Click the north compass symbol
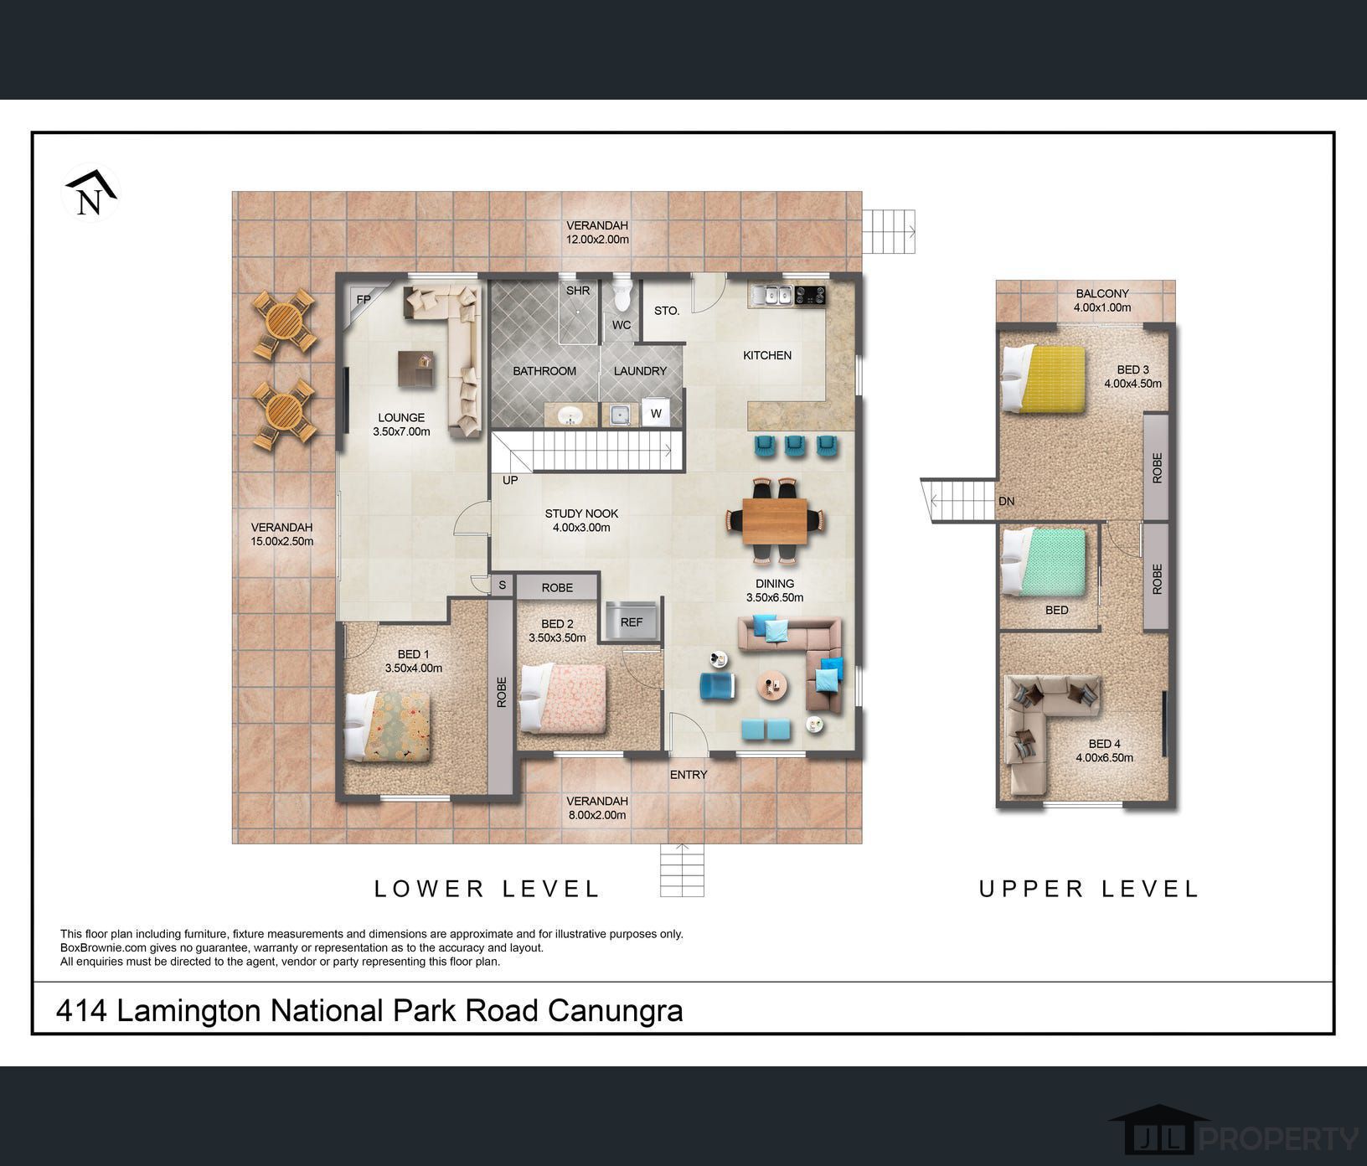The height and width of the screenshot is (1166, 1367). point(90,193)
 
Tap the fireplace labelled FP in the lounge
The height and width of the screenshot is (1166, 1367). point(359,297)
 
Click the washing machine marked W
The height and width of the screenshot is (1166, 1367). point(656,413)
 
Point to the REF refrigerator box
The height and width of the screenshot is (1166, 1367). point(632,622)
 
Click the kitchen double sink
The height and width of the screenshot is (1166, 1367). point(771,295)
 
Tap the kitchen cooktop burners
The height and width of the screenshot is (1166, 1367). point(810,295)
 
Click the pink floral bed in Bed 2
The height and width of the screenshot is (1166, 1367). point(563,698)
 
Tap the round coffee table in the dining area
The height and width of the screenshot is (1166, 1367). point(772,686)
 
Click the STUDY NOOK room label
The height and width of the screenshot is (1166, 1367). point(581,513)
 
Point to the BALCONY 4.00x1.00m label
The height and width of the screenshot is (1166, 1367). point(1102,301)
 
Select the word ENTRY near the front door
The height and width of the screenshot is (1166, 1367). point(689,775)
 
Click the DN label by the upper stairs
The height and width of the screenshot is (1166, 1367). point(1007,501)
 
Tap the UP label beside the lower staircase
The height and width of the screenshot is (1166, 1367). point(510,480)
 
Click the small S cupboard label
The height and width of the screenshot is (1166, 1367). point(503,586)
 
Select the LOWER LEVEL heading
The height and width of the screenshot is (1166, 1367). point(487,889)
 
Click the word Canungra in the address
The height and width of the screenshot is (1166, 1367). point(616,1011)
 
